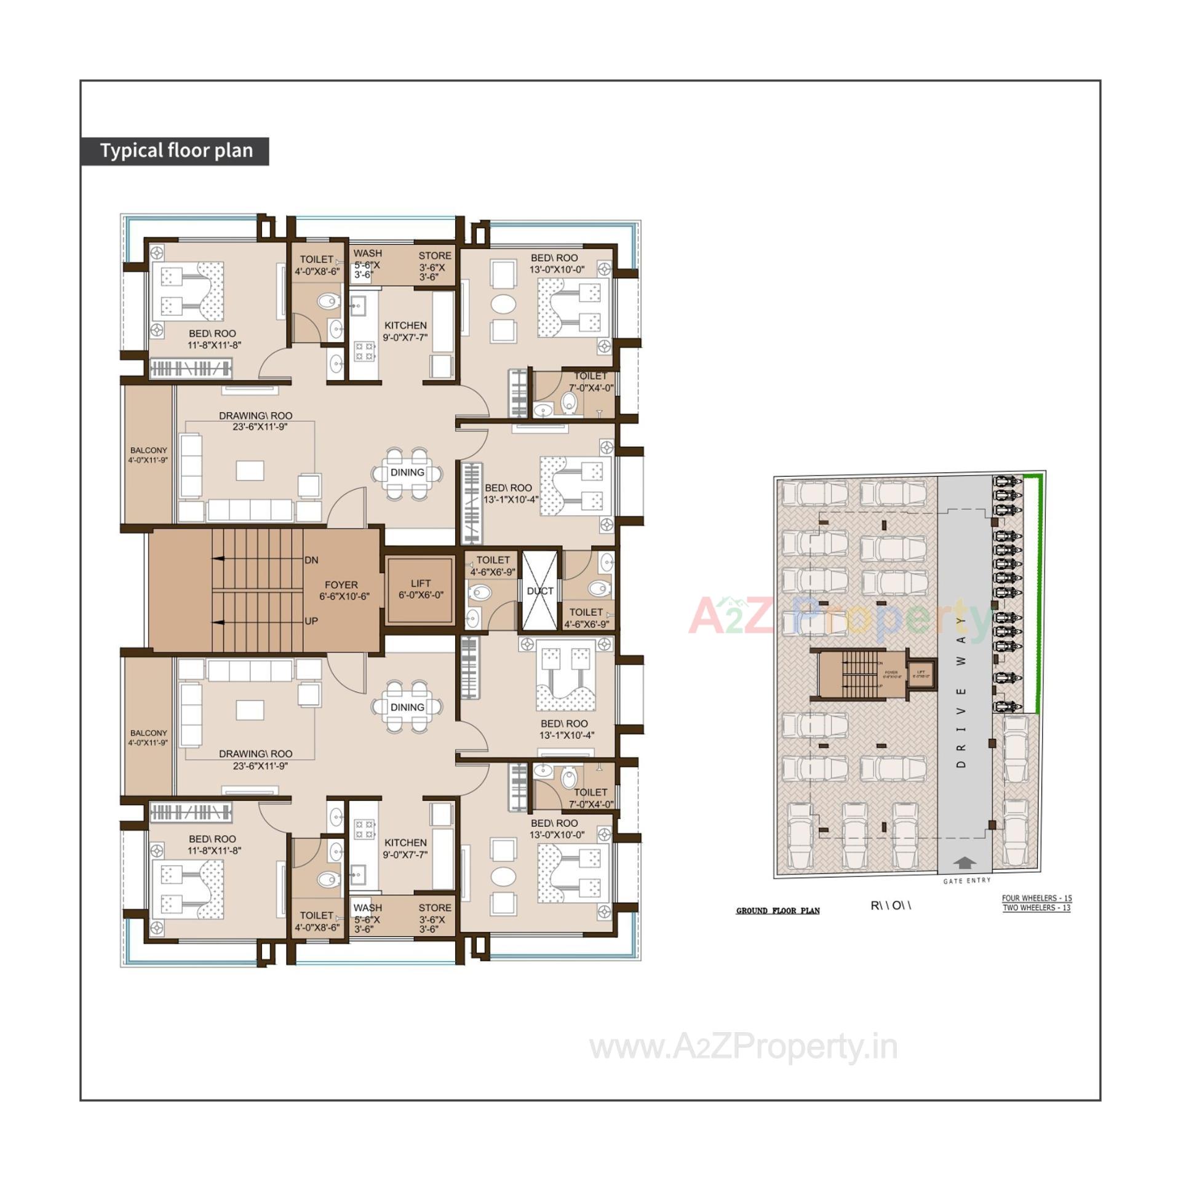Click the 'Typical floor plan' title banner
coord(175,151)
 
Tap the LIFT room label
coord(421,589)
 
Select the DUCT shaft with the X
coord(540,590)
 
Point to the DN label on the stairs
coord(311,560)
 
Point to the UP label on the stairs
coord(311,621)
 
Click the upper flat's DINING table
coord(407,473)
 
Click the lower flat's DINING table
coord(407,707)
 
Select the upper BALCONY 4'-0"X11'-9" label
coord(148,455)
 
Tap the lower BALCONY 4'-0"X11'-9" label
coord(148,738)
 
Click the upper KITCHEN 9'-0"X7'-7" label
coord(405,331)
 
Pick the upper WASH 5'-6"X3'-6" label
coord(367,263)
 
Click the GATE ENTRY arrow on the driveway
coord(965,864)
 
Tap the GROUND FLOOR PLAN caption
coord(777,910)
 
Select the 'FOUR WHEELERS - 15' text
coord(1036,899)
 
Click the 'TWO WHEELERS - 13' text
coord(1036,908)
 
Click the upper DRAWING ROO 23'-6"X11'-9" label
coord(255,421)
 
